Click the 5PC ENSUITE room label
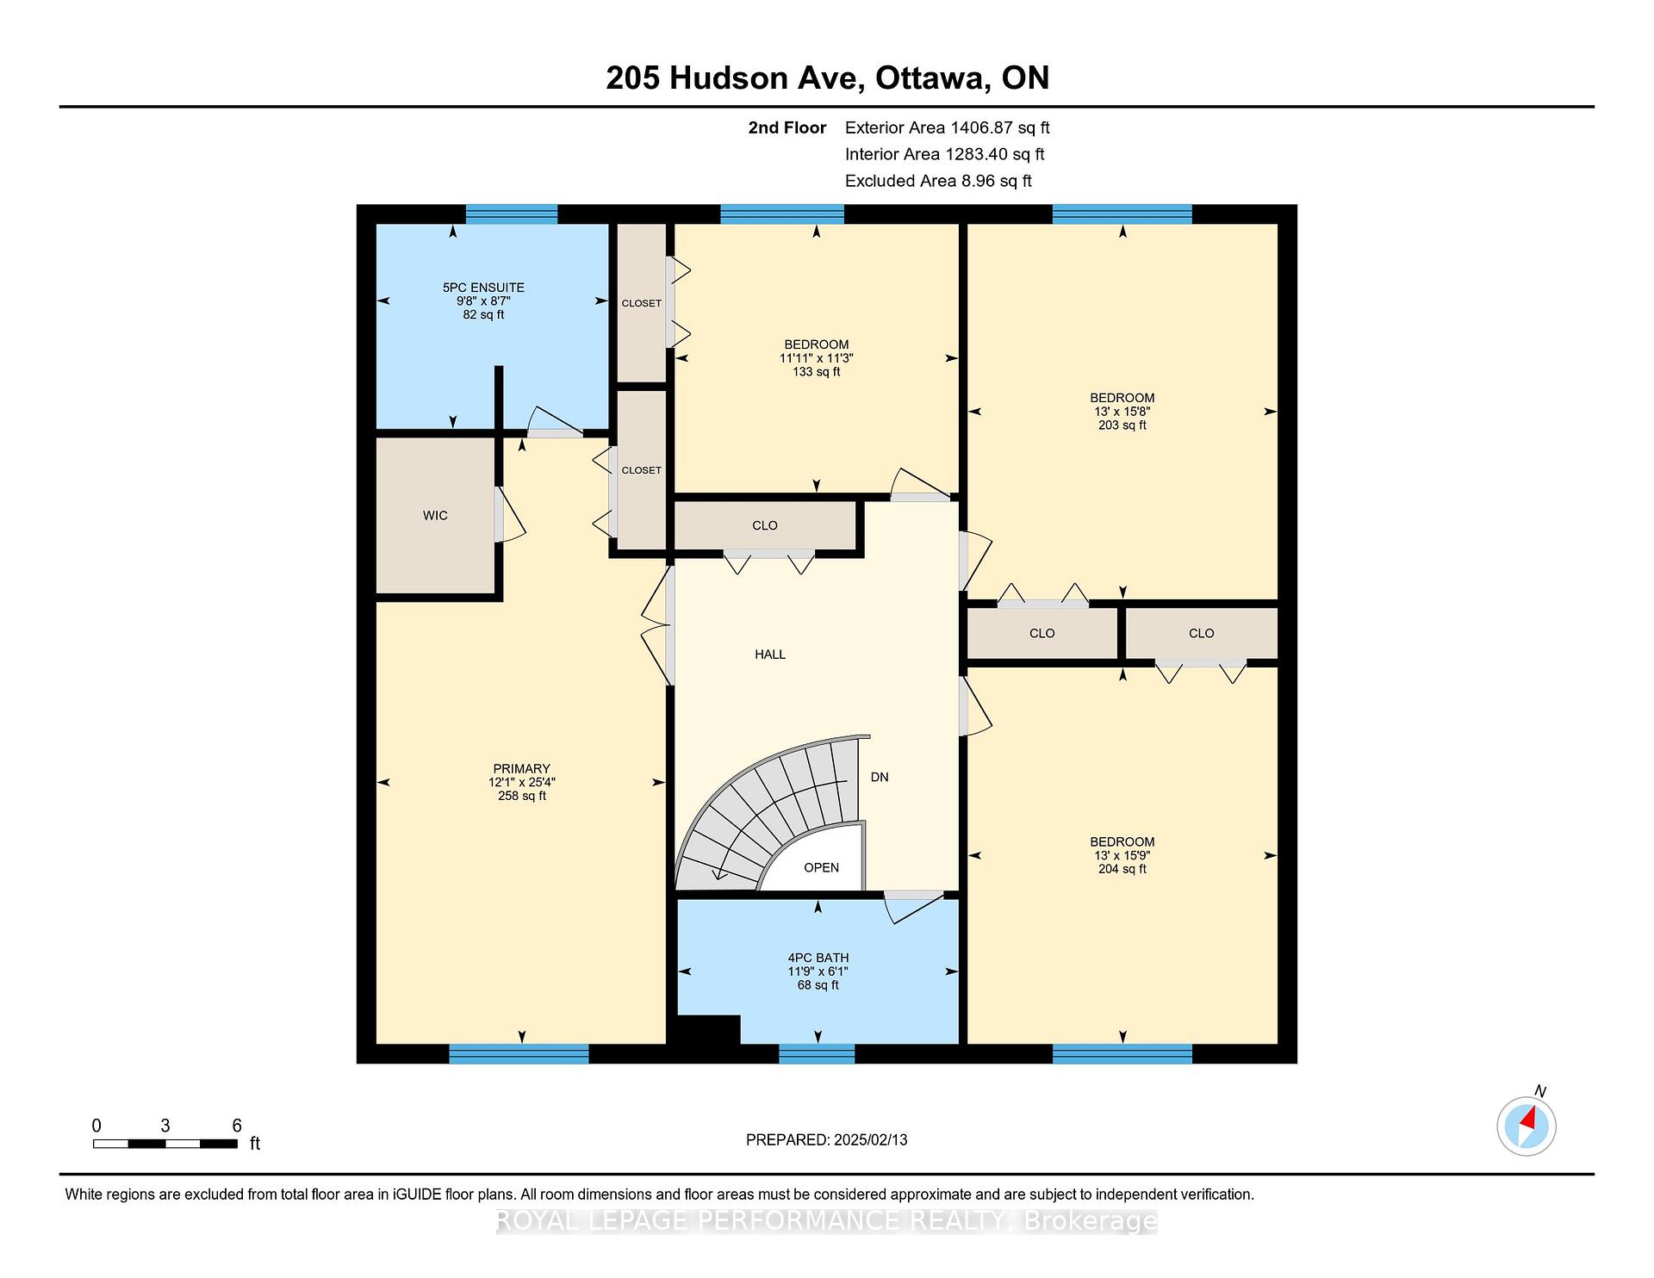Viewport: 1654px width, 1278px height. pos(483,288)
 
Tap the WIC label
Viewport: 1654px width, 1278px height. pos(435,516)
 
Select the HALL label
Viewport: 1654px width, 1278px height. pos(770,655)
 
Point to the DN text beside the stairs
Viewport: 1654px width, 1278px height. pos(880,777)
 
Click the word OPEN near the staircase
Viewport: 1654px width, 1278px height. pos(821,867)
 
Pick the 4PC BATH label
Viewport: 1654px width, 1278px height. pos(818,958)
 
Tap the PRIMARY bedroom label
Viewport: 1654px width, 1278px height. pos(521,769)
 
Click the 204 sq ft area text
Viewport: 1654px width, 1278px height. pos(1122,869)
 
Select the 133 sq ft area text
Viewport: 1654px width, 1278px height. pos(817,372)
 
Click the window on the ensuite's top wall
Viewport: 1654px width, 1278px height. pos(512,214)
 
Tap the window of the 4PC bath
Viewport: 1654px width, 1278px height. pos(817,1054)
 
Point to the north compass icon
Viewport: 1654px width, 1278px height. pos(1527,1126)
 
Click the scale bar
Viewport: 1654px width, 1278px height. pos(165,1144)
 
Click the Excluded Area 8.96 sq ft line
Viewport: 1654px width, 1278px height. pos(938,181)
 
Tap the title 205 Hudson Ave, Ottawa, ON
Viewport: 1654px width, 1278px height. pos(828,78)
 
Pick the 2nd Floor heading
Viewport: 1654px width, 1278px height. pos(787,127)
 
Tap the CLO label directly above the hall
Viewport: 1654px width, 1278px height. pos(765,525)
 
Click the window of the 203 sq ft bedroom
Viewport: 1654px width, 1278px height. pos(1122,214)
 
